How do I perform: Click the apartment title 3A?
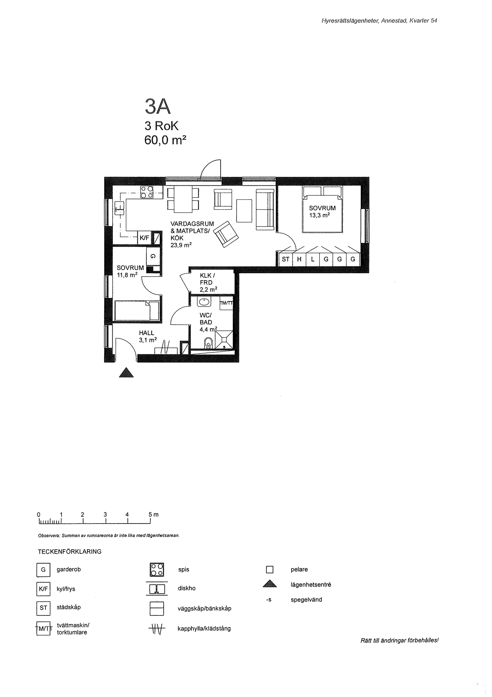click(158, 106)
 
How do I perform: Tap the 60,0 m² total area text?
click(165, 140)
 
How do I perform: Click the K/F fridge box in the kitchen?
click(144, 238)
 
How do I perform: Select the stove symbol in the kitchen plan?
click(147, 192)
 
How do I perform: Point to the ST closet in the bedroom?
click(285, 259)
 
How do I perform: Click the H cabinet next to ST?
click(299, 259)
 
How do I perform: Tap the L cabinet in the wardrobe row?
click(312, 259)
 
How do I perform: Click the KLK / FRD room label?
click(206, 279)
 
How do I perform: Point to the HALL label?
click(146, 333)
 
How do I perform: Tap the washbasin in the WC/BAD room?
click(204, 302)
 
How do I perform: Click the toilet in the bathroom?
click(208, 343)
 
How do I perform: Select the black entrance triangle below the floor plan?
click(126, 373)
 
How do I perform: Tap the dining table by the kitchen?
click(183, 199)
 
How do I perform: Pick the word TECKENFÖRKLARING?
click(70, 552)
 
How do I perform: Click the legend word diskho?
click(187, 588)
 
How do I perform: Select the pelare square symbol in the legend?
click(270, 570)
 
